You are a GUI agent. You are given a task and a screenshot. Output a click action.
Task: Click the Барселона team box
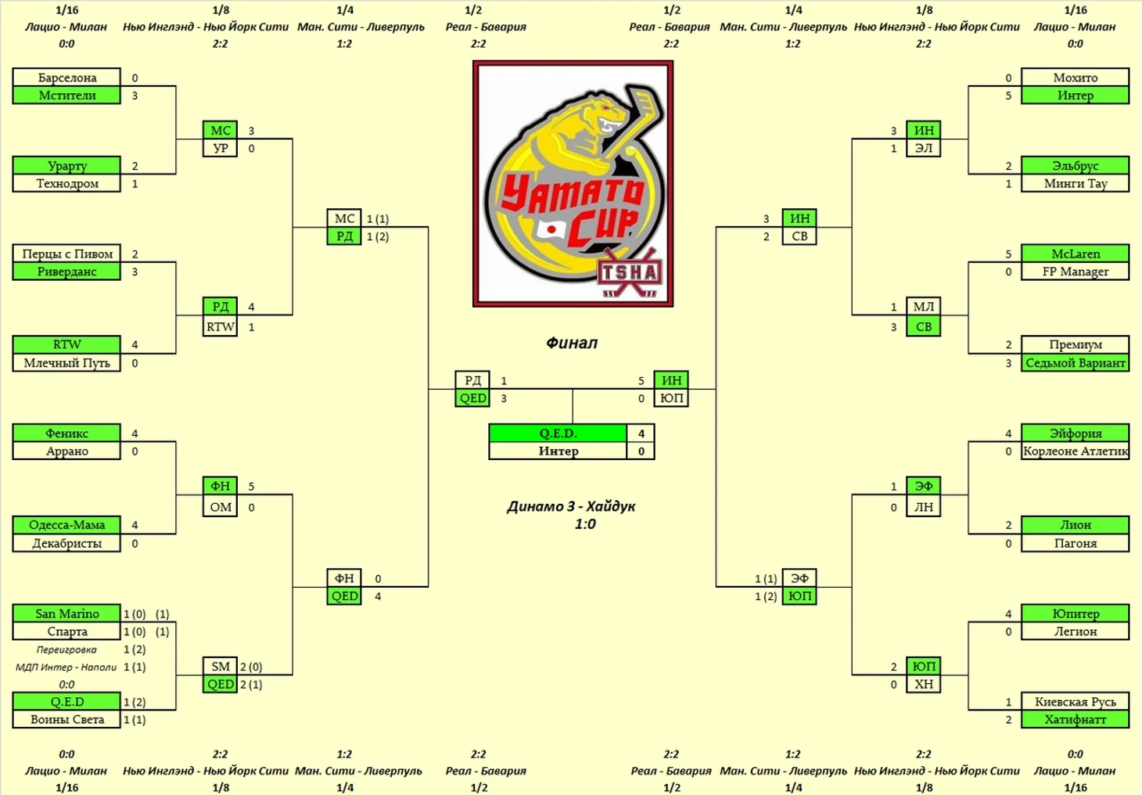66,77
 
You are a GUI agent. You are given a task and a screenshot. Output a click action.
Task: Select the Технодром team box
66,184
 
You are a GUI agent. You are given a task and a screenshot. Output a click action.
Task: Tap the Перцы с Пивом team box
66,254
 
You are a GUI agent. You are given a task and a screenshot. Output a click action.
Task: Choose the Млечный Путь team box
66,363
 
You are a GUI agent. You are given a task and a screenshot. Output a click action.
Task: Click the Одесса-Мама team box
66,525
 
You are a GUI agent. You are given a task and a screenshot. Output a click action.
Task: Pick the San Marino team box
66,613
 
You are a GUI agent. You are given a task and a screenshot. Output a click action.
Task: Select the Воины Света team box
66,720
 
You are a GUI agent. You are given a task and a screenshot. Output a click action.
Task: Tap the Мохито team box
1076,77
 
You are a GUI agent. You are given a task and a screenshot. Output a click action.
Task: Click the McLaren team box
1076,254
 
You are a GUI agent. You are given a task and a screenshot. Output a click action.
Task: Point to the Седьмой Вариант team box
1076,363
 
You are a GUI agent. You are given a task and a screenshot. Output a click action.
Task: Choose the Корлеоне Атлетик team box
1076,451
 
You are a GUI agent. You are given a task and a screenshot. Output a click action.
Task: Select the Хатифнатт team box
1076,720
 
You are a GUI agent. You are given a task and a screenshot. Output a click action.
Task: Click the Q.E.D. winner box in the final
558,433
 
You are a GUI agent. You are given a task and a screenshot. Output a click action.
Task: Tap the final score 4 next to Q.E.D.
641,433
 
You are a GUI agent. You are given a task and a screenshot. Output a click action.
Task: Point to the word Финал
572,343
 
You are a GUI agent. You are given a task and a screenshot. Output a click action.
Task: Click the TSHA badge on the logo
630,273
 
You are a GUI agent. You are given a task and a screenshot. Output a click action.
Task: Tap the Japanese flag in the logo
551,229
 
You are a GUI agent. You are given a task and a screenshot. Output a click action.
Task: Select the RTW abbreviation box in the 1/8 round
221,327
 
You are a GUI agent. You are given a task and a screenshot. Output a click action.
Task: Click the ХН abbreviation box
923,685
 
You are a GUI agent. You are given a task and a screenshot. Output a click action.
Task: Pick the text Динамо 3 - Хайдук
571,506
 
